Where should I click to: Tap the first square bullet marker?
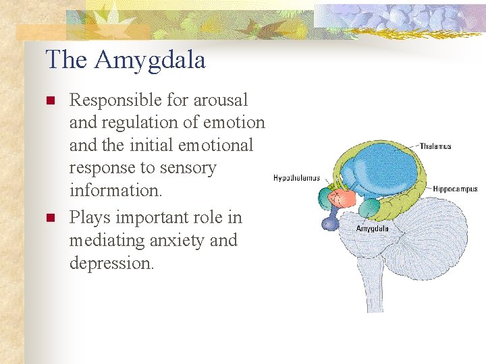(x=49, y=101)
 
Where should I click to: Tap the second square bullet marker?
(x=49, y=218)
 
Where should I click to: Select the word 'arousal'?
(x=221, y=100)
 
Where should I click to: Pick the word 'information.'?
(x=116, y=190)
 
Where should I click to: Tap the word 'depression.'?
(x=112, y=263)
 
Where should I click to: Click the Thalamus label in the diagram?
(x=435, y=146)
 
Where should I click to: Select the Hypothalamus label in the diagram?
(x=296, y=178)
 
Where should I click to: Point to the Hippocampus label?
(x=455, y=189)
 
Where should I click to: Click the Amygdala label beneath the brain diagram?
(x=372, y=229)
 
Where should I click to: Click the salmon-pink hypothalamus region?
(x=345, y=198)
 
